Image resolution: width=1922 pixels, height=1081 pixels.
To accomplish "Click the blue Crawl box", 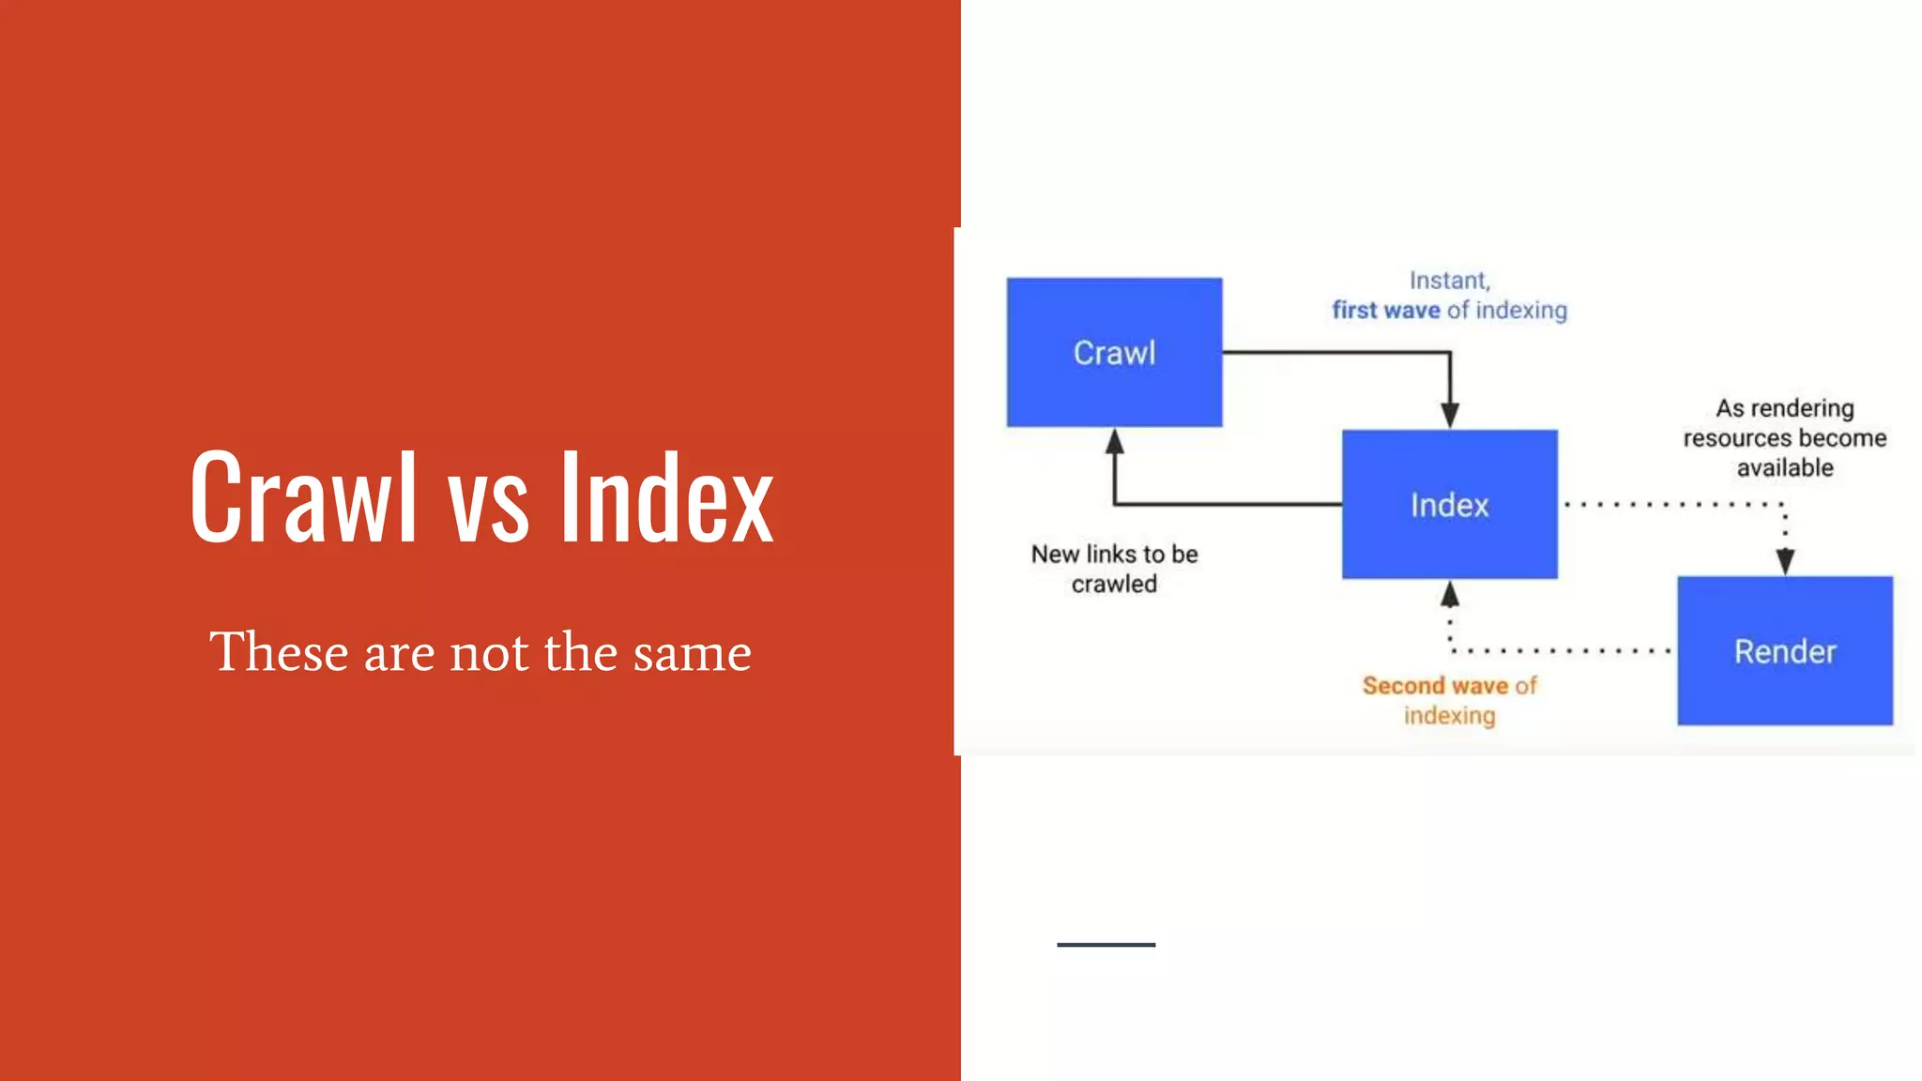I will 1114,352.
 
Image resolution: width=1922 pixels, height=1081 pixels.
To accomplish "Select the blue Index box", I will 1449,504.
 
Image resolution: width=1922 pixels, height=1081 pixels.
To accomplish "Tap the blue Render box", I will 1784,650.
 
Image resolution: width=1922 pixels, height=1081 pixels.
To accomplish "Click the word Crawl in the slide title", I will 302,497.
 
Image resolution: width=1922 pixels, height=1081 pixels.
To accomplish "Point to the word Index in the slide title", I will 666,497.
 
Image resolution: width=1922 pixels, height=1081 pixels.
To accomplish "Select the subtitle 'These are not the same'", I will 480,651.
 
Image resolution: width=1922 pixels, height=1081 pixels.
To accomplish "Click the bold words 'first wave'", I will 1385,310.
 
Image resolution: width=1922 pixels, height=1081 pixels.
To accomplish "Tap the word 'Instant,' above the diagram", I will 1449,281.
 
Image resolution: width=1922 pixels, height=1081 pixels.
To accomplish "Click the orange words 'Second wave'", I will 1434,686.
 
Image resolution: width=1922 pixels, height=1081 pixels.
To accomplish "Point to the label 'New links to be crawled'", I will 1114,569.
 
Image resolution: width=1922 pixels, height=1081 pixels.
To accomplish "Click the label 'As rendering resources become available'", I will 1784,437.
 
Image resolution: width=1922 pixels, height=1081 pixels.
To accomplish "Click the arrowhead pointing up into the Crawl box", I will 1114,441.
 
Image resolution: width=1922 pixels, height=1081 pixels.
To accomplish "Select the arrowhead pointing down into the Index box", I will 1449,415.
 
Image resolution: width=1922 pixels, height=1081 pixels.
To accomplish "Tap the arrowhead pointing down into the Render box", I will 1784,562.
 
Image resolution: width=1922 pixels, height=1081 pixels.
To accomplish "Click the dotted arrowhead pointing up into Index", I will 1449,594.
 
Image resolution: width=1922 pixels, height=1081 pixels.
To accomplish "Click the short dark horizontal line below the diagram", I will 1106,944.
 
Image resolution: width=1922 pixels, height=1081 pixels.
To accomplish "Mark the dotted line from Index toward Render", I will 1670,504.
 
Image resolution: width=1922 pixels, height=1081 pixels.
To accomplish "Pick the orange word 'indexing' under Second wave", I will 1449,716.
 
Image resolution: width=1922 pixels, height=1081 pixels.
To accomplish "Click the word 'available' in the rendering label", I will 1784,467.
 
